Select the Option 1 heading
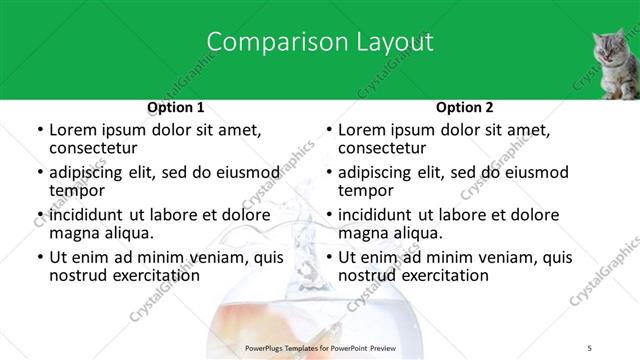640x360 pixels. pos(176,107)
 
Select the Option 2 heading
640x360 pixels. pos(465,107)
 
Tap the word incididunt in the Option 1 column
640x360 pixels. pos(87,215)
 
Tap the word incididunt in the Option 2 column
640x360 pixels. pos(376,215)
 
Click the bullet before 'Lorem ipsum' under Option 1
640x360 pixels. pos(40,130)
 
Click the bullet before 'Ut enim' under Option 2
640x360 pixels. pos(329,257)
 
